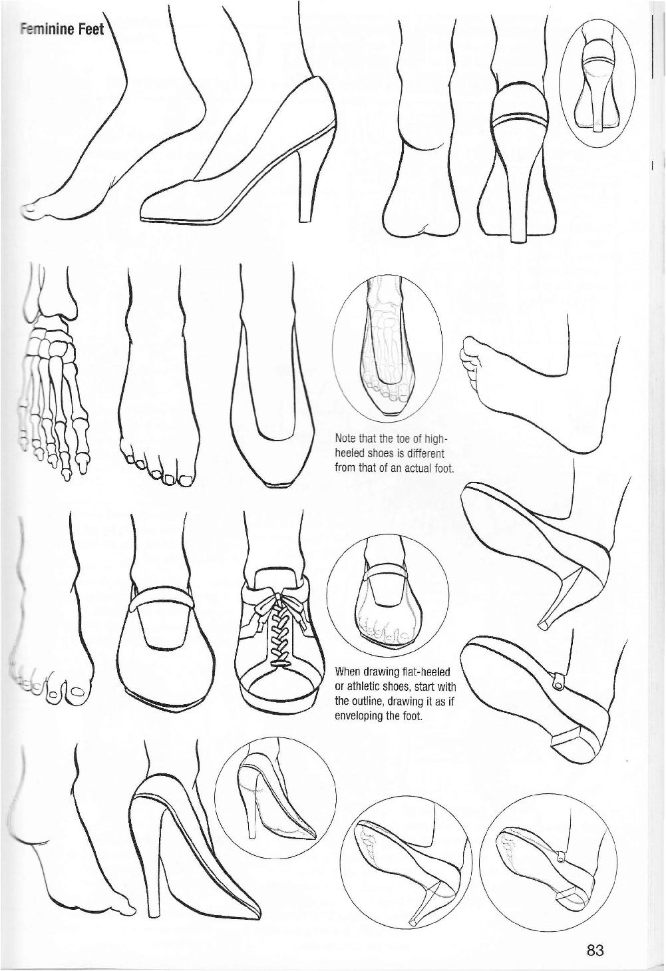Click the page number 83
click(x=595, y=950)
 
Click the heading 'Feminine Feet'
click(x=61, y=31)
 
